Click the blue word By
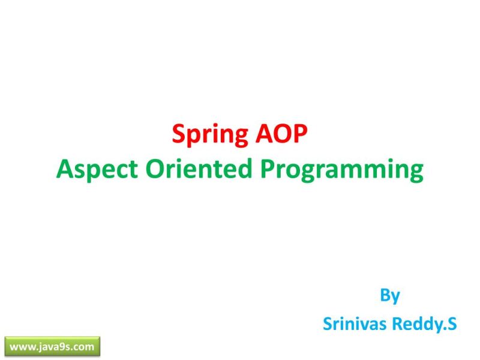(390, 296)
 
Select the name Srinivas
(353, 324)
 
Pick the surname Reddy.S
(423, 325)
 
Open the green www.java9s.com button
(52, 346)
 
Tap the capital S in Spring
(178, 134)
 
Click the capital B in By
(385, 295)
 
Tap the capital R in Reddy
(396, 324)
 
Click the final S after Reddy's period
(452, 324)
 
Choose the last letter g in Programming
(416, 173)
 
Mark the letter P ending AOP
(300, 134)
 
